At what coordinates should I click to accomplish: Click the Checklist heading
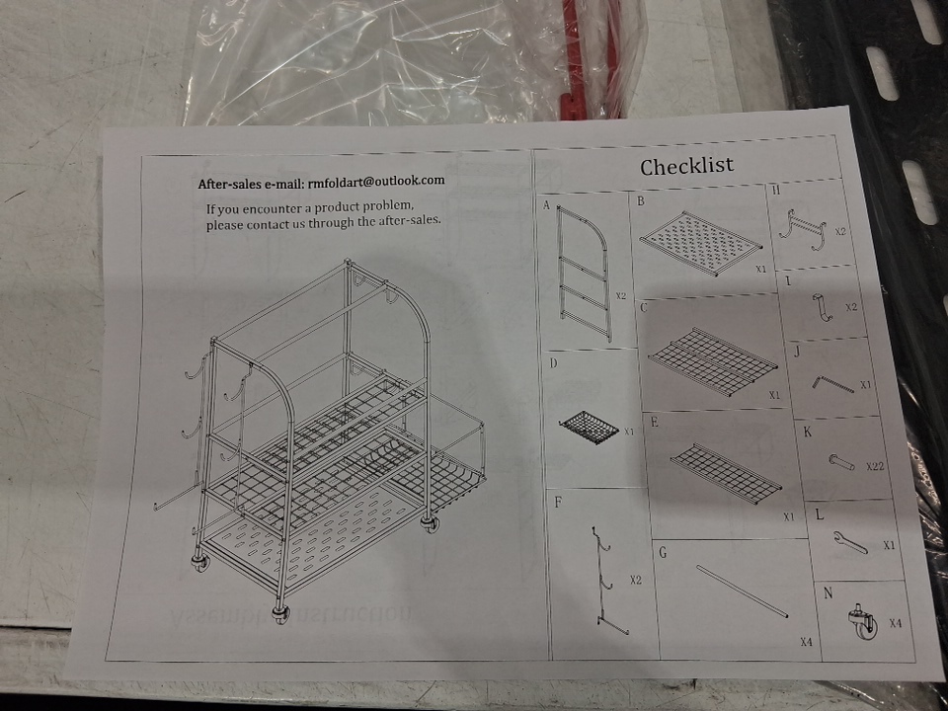tap(687, 166)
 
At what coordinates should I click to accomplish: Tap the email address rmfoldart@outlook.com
tap(376, 181)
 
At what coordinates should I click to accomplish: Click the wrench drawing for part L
tap(850, 541)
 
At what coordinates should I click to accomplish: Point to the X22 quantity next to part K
tap(875, 466)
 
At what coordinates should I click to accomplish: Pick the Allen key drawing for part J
tap(832, 384)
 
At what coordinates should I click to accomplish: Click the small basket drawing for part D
tap(590, 428)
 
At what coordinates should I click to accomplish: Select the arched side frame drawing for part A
tap(583, 273)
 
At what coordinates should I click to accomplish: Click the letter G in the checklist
tap(663, 553)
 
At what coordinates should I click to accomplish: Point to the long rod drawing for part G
tap(743, 592)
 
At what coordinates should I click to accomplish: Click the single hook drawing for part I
tap(823, 307)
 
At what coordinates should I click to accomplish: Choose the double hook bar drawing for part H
tap(803, 230)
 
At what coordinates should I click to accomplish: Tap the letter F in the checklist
tap(558, 502)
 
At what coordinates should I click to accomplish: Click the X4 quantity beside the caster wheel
tap(896, 623)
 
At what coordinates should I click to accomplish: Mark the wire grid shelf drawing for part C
tap(713, 361)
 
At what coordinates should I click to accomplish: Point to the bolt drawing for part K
tap(841, 462)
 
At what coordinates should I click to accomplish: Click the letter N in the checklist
tap(829, 593)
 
